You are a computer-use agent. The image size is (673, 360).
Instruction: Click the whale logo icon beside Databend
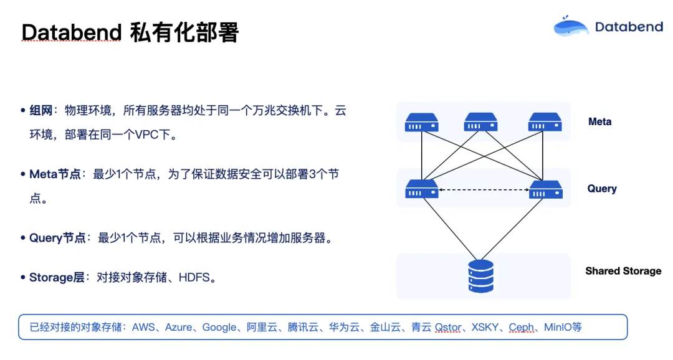[x=571, y=26]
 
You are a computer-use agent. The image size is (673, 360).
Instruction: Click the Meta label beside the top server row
[x=599, y=121]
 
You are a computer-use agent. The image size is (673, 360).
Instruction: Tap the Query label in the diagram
[x=601, y=188]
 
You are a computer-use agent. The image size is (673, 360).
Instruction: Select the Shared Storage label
[x=623, y=271]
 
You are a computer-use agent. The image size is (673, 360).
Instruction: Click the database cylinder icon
[x=480, y=276]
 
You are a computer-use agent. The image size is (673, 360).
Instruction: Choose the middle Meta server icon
[x=480, y=121]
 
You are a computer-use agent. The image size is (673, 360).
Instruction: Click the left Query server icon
[x=421, y=189]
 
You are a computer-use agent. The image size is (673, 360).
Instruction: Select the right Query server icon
[x=545, y=189]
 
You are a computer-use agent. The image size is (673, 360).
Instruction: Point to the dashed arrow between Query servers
[x=484, y=189]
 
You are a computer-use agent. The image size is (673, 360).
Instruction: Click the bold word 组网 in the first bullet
[x=41, y=111]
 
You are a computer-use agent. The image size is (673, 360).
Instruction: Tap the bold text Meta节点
[x=55, y=174]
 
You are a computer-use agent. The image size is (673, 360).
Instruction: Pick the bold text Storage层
[x=57, y=278]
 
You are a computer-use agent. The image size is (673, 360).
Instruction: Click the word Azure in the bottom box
[x=178, y=327]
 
